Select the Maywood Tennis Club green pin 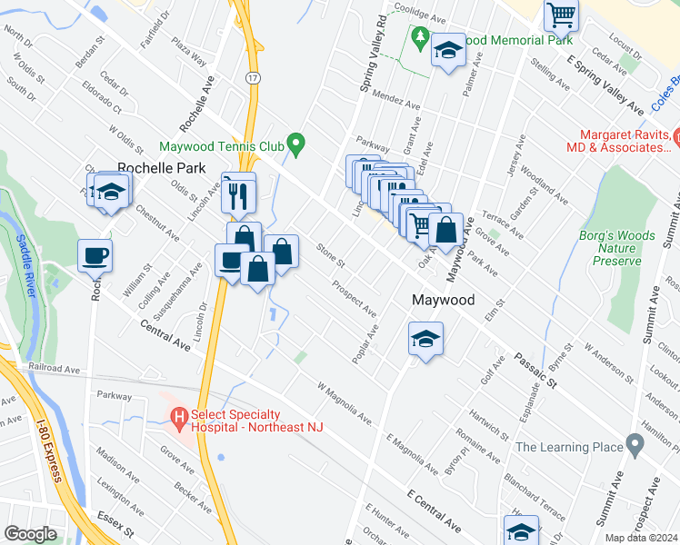click(295, 144)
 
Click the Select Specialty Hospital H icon click(179, 419)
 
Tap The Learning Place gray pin click(635, 446)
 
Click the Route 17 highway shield click(253, 78)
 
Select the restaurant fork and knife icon click(238, 193)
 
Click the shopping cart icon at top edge click(562, 15)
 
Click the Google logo click(29, 534)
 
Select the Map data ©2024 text click(641, 538)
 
